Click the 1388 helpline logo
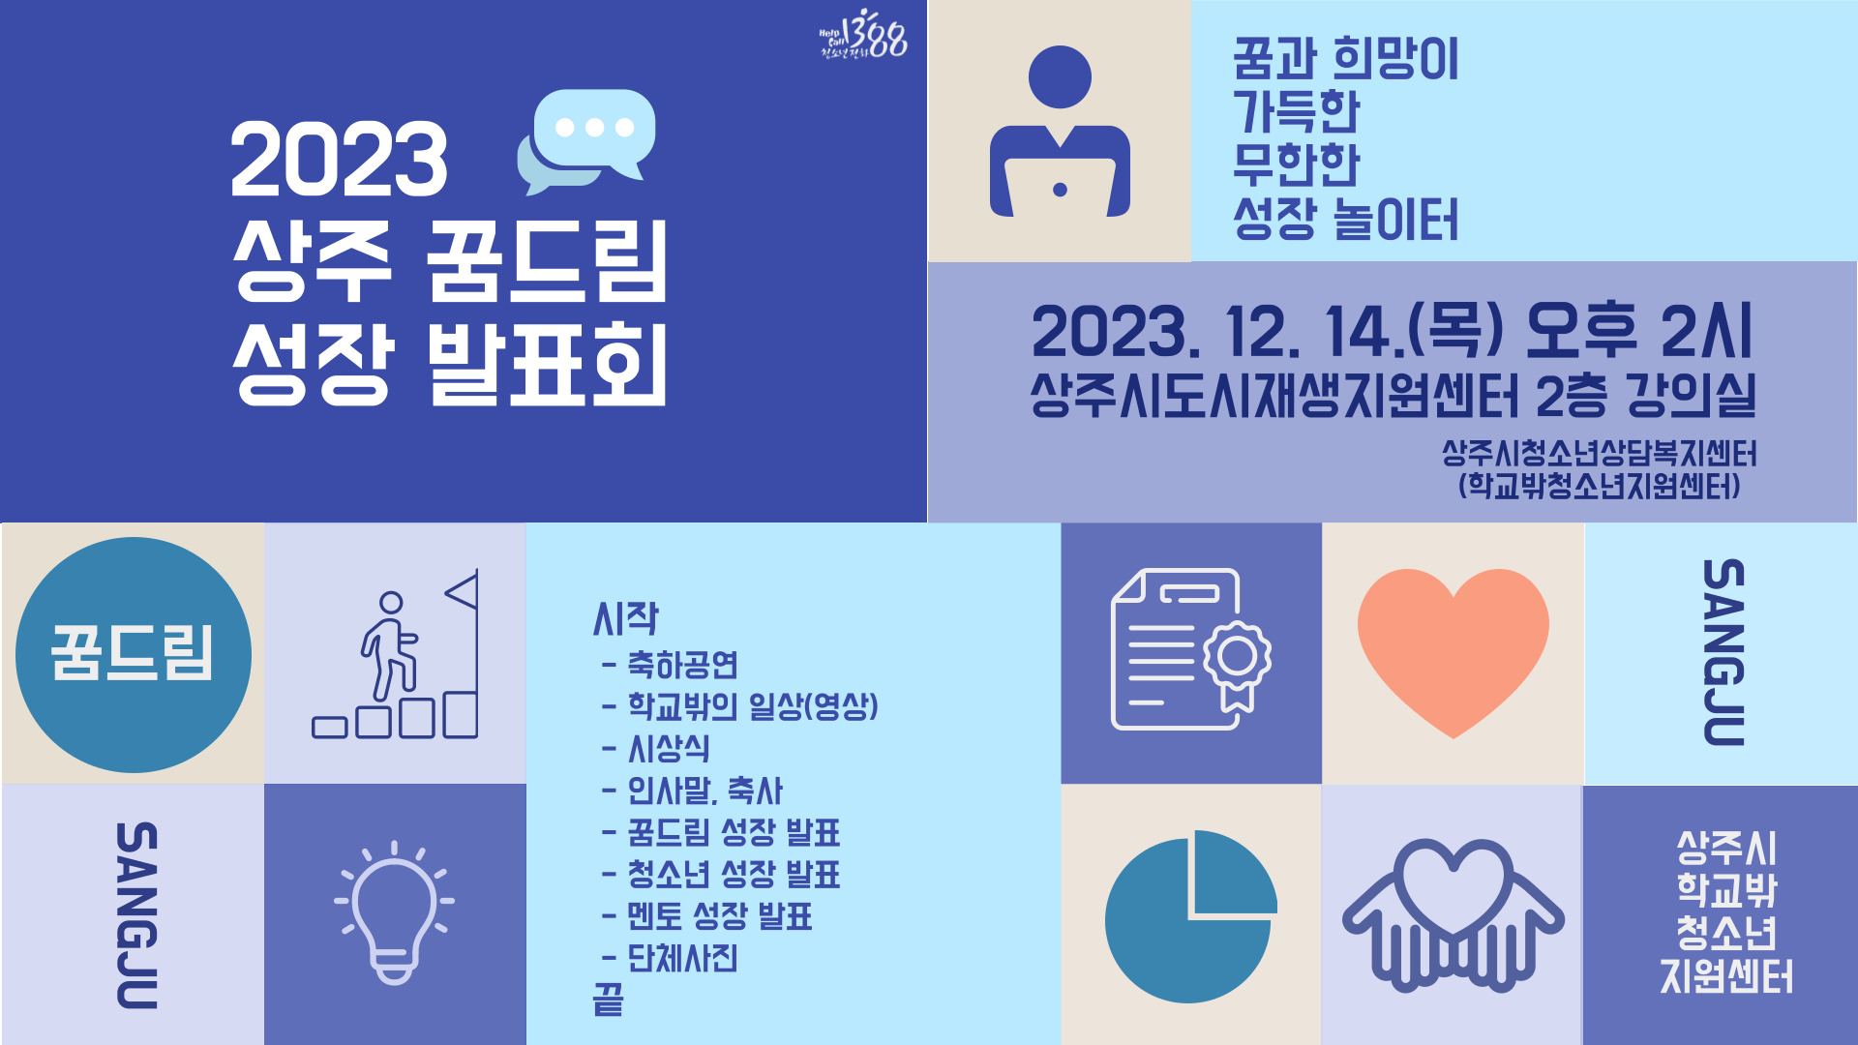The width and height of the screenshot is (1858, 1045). pos(863,37)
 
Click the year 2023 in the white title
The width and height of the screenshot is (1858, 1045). pos(339,160)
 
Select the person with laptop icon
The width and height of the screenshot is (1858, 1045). pos(1060,132)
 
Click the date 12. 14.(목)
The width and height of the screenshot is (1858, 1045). pos(1364,331)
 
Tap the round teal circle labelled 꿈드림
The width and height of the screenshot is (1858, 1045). pos(134,655)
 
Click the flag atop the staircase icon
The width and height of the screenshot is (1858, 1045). pos(462,590)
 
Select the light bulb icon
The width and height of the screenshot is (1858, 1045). pos(394,913)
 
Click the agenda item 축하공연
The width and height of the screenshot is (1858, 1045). pos(683,665)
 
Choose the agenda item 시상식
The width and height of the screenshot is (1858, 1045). pos(669,748)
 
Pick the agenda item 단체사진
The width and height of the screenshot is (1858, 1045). pos(683,958)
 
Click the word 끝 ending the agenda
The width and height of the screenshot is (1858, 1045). pos(609,1000)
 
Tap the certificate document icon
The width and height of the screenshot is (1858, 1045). pos(1191,649)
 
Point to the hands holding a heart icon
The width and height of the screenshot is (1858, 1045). pos(1453,914)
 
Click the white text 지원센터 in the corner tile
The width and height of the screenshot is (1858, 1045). pos(1727,976)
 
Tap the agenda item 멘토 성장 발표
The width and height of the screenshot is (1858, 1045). pos(720,916)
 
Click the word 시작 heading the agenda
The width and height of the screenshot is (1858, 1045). pos(625,619)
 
